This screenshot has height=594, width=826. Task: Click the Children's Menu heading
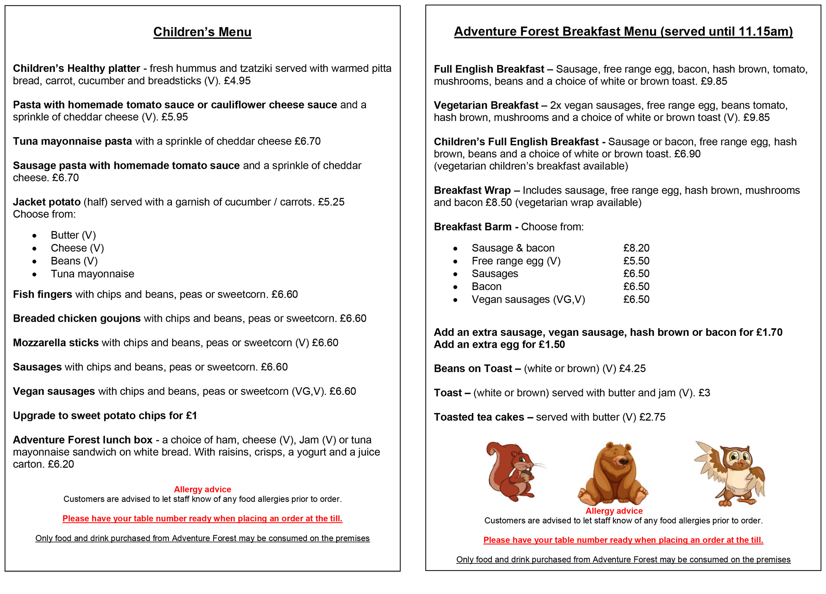pyautogui.click(x=202, y=32)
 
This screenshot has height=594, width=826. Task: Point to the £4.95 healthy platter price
pyautogui.click(x=237, y=81)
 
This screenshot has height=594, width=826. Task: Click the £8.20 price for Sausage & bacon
pyautogui.click(x=636, y=248)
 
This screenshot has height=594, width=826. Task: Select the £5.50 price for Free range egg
pyautogui.click(x=636, y=261)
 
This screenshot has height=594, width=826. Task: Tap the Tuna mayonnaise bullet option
pyautogui.click(x=93, y=274)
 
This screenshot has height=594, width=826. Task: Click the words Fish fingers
pyautogui.click(x=43, y=294)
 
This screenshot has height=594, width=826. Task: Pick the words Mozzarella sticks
pyautogui.click(x=56, y=342)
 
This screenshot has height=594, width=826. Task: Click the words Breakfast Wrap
pyautogui.click(x=472, y=190)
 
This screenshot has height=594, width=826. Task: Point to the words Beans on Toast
pyautogui.click(x=473, y=368)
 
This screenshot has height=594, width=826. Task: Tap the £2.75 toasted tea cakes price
pyautogui.click(x=652, y=417)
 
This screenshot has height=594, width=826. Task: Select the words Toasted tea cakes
pyautogui.click(x=479, y=417)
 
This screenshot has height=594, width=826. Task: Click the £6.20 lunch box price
pyautogui.click(x=61, y=464)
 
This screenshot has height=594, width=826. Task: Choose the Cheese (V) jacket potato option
pyautogui.click(x=77, y=248)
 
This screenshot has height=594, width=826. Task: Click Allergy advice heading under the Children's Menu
pyautogui.click(x=202, y=489)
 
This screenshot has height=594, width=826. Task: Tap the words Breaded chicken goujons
pyautogui.click(x=77, y=318)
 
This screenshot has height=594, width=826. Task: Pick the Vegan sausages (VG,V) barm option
pyautogui.click(x=528, y=299)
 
